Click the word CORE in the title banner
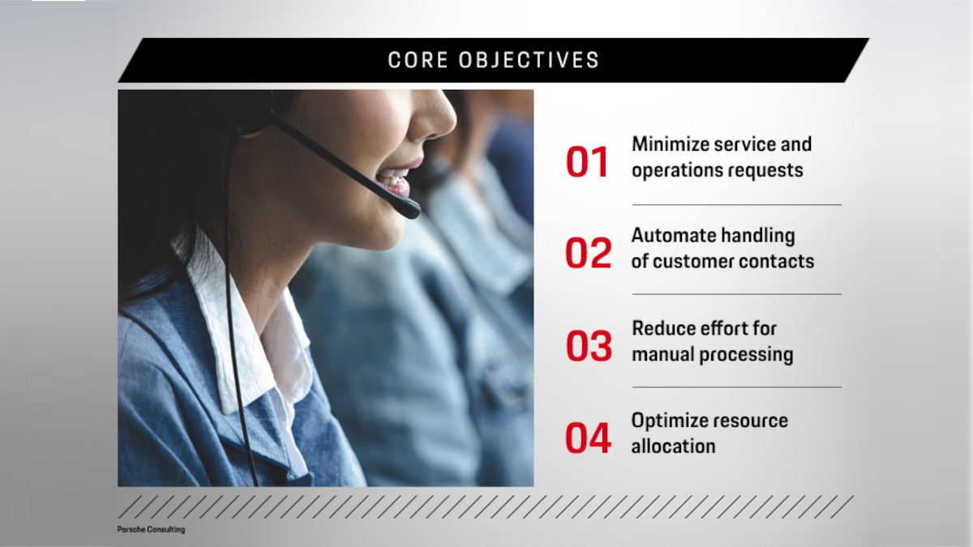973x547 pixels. [x=416, y=61]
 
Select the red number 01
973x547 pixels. [x=587, y=162]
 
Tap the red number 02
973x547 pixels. [x=588, y=253]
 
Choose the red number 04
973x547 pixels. [x=588, y=438]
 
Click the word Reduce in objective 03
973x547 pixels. [x=658, y=328]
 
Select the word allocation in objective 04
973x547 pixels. [x=673, y=446]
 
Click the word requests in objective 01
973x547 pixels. [x=765, y=170]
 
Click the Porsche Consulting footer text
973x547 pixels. [x=151, y=529]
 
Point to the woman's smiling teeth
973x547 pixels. [x=397, y=177]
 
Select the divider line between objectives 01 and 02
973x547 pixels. [x=736, y=205]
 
